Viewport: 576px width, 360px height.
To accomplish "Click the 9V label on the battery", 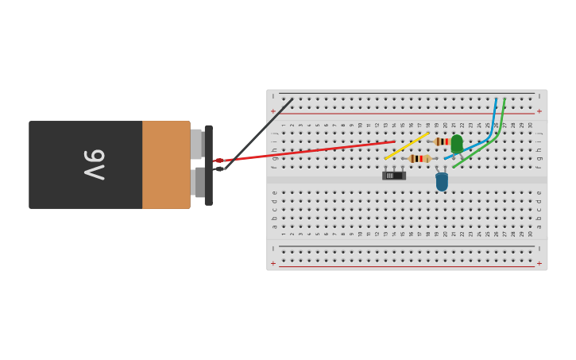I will (95, 165).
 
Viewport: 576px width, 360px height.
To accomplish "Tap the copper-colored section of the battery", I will (166, 165).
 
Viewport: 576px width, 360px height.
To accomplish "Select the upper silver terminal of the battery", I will (196, 144).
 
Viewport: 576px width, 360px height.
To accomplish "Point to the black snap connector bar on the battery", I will (208, 165).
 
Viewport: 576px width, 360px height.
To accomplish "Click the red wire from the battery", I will (318, 149).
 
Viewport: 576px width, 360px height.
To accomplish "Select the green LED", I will (457, 144).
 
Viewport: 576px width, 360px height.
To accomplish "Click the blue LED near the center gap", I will (442, 182).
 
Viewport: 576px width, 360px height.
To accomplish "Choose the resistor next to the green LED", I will (442, 141).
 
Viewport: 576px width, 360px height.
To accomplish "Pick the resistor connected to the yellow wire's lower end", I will (419, 159).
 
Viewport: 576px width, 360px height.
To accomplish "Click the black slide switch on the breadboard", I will (393, 175).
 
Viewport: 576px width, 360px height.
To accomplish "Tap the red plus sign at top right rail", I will (539, 111).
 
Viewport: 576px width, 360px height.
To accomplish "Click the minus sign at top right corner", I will (539, 96).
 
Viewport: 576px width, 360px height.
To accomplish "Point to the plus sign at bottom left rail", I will (273, 263).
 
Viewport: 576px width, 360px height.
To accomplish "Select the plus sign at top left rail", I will (273, 111).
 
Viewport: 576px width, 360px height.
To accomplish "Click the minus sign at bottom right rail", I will (539, 248).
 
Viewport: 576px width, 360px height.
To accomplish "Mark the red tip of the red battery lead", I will (219, 161).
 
